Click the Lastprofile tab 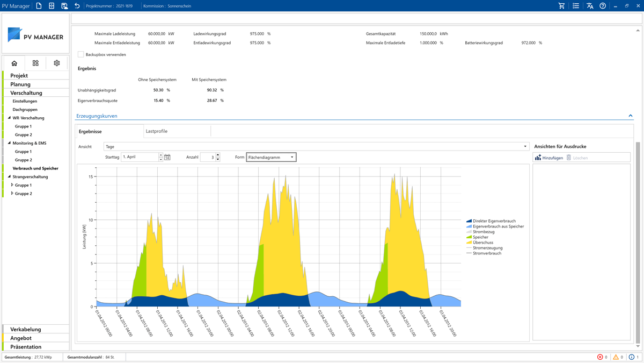157,131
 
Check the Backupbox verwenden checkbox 81,54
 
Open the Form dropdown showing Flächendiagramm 271,158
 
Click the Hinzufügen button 549,158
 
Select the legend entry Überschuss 482,243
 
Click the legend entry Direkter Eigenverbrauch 494,221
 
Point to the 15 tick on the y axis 91,176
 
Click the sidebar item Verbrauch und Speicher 35,168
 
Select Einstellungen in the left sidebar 25,101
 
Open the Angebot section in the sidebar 21,338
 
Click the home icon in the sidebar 14,63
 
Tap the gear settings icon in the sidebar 57,63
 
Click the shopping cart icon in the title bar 561,6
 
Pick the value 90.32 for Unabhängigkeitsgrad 212,90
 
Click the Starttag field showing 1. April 140,158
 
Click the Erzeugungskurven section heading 97,116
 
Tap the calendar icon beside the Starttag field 167,158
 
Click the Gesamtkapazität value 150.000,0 428,34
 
